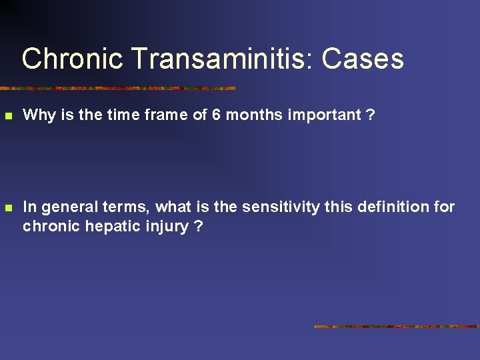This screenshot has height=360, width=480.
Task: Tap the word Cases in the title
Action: pos(363,59)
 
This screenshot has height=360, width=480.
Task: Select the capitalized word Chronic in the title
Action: pos(72,59)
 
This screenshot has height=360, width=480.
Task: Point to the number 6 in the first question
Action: pos(216,115)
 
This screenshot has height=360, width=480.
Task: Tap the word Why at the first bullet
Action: pos(39,115)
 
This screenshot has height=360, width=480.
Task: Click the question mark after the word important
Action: pos(371,115)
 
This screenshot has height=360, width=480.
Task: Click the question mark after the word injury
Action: pos(199,227)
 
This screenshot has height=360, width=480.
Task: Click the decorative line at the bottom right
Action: pos(397,327)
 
